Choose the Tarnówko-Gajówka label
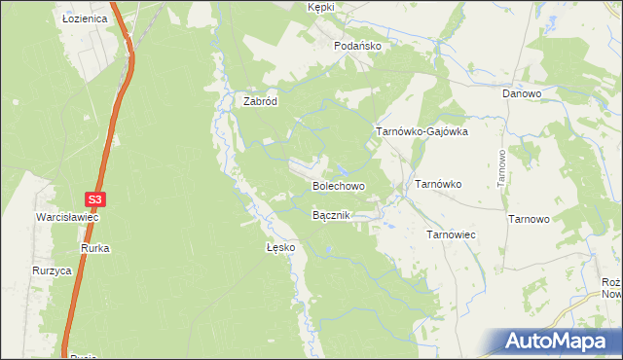422,130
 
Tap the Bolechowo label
338,185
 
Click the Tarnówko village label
438,183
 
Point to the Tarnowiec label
450,234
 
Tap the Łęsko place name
280,248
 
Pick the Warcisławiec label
67,218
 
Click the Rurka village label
95,249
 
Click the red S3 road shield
93,199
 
